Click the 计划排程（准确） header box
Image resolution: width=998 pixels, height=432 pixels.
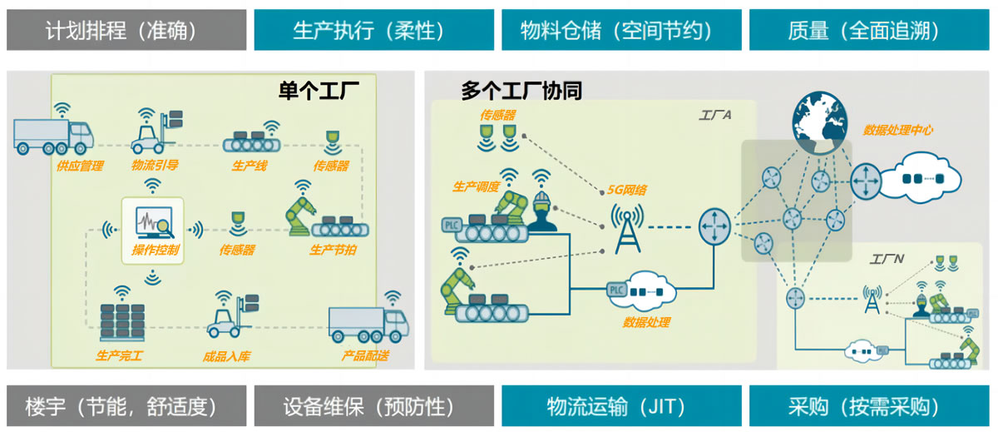pyautogui.click(x=126, y=31)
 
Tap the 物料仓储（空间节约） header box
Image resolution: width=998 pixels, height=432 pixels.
pyautogui.click(x=620, y=31)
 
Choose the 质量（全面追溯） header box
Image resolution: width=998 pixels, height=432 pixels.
pyautogui.click(x=869, y=31)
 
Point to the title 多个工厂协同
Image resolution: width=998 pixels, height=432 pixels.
pyautogui.click(x=521, y=91)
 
